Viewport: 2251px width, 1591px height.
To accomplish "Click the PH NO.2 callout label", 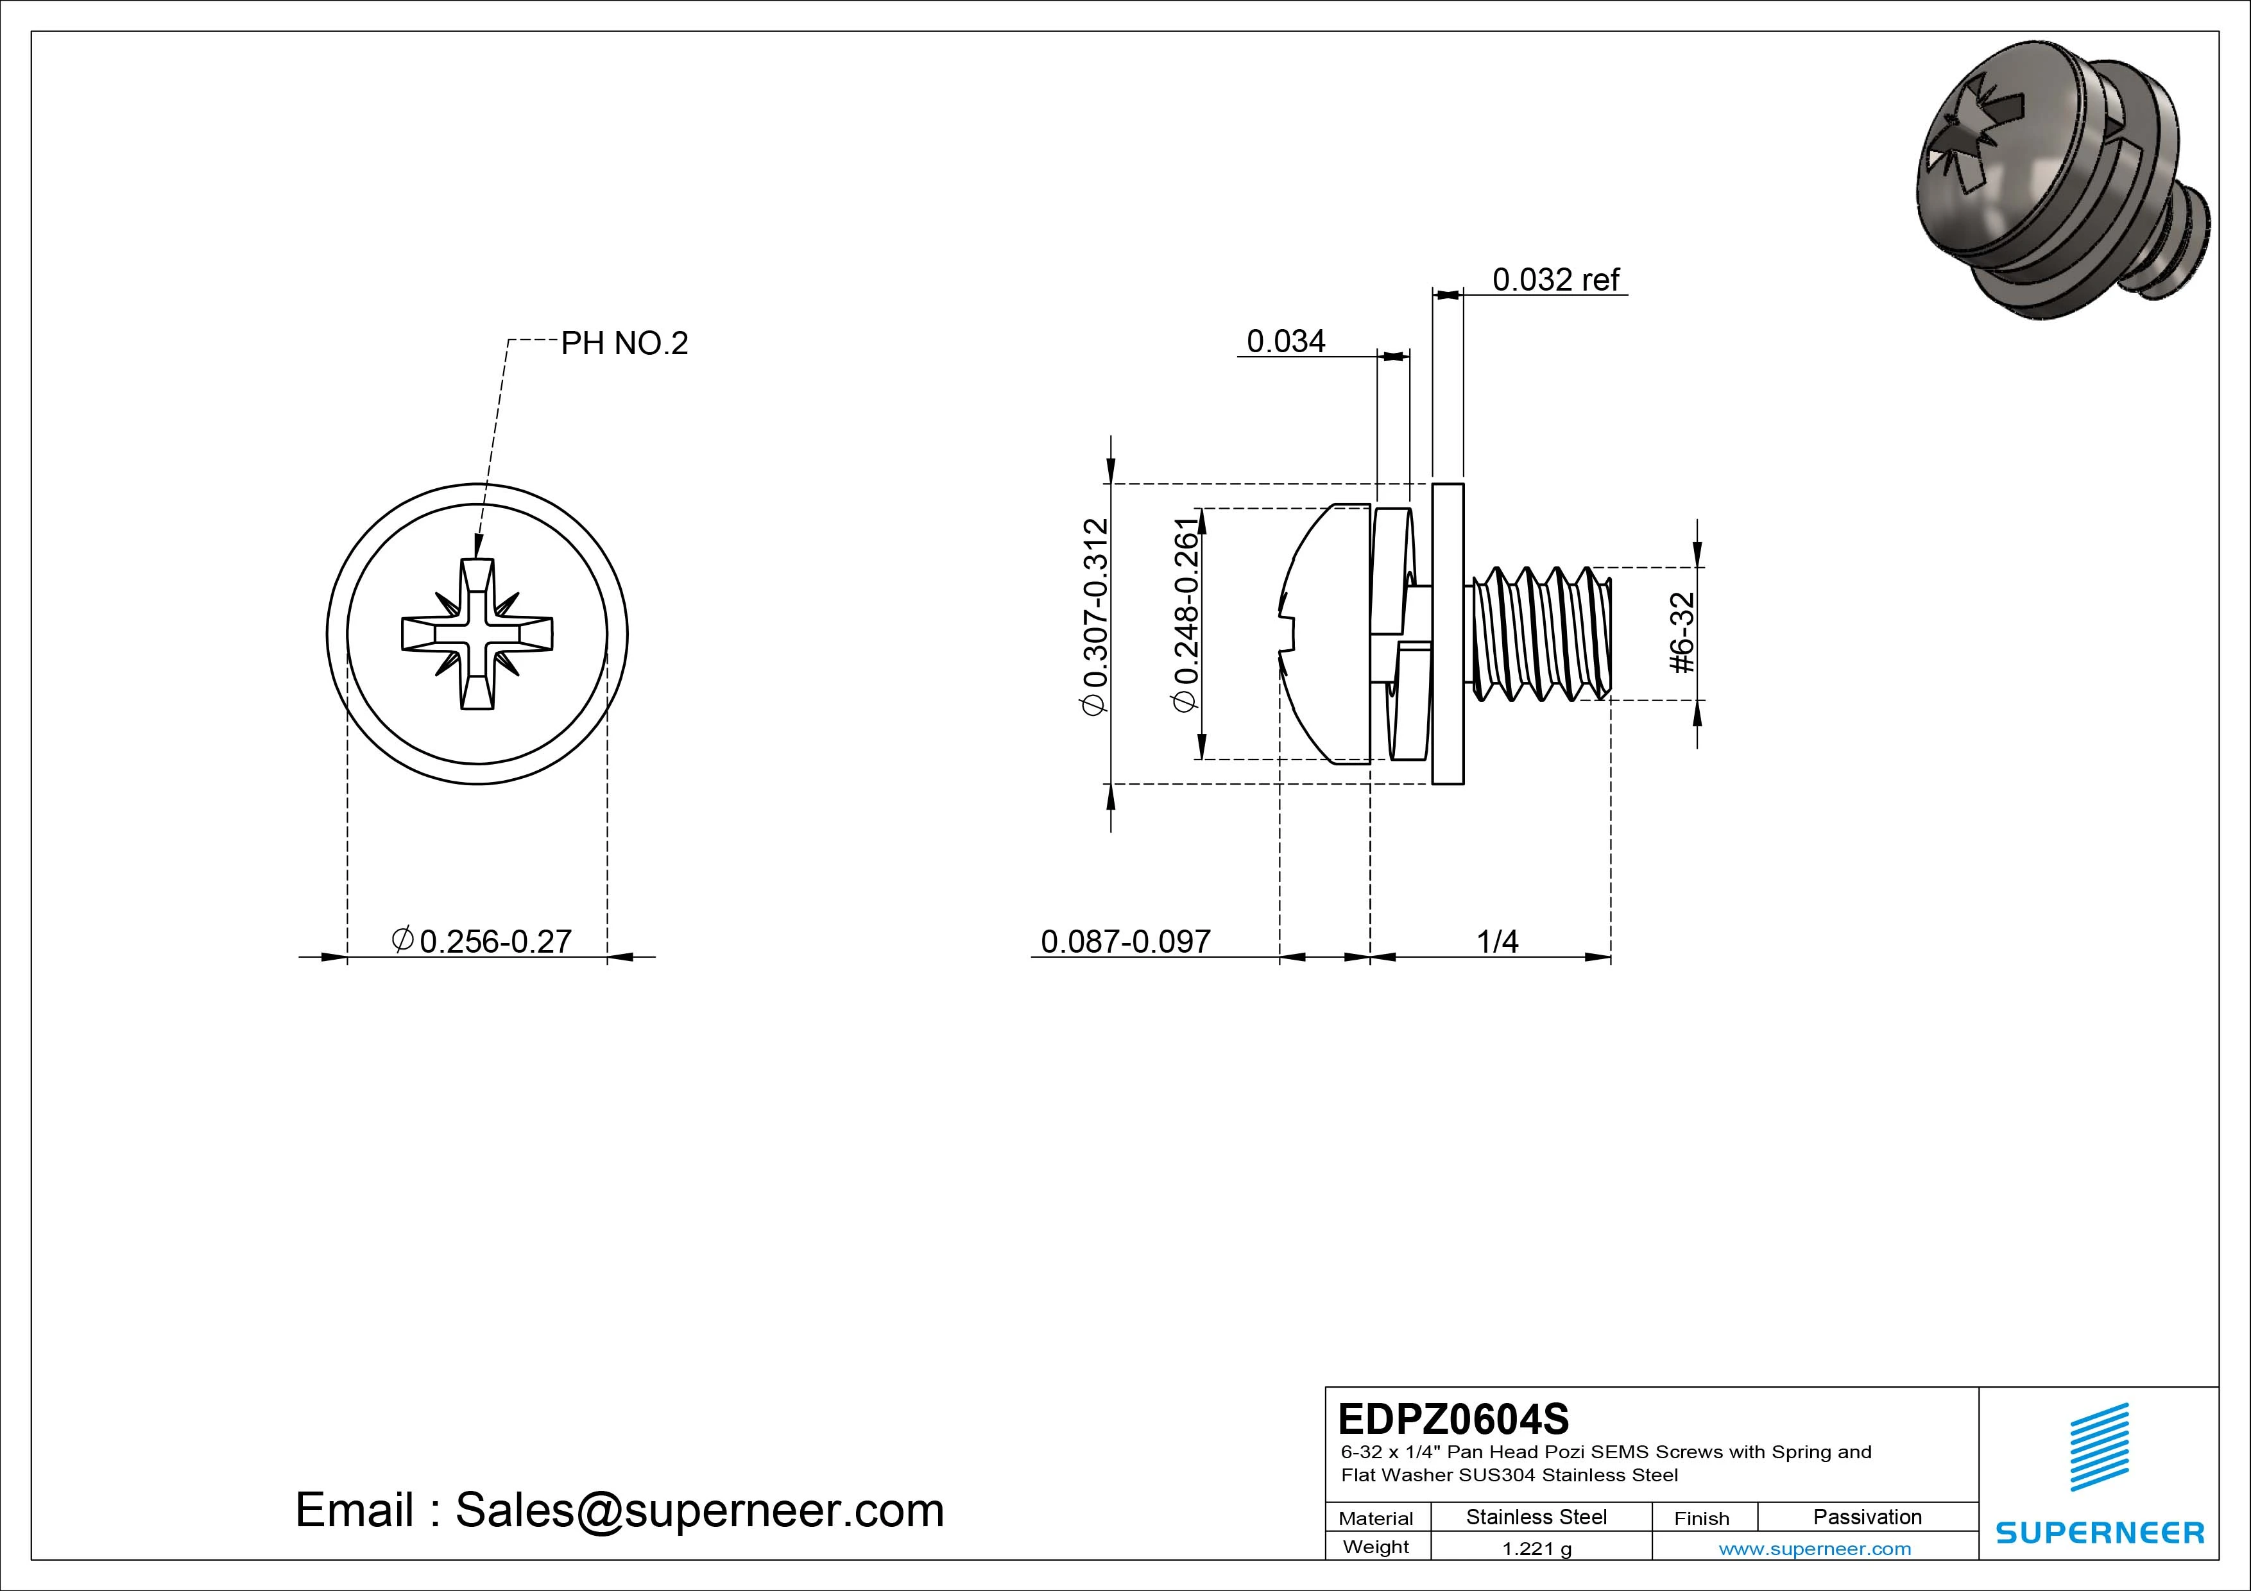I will (624, 343).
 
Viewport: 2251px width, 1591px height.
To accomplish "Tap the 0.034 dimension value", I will (1285, 341).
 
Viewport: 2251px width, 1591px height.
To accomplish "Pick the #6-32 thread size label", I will (1683, 633).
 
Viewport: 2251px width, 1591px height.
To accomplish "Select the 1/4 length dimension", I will (1497, 942).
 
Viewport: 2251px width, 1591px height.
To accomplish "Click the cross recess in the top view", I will (477, 633).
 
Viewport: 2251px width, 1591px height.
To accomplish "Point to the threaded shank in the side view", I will (1539, 633).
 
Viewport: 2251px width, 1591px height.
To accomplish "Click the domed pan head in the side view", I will (1324, 633).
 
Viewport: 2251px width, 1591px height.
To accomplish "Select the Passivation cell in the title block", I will (1867, 1517).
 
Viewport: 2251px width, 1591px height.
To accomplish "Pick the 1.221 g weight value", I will (1536, 1549).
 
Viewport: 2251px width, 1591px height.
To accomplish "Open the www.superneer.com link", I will (1815, 1549).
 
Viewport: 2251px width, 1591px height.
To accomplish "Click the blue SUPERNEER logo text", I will (2100, 1532).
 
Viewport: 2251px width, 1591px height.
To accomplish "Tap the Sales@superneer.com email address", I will (698, 1511).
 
